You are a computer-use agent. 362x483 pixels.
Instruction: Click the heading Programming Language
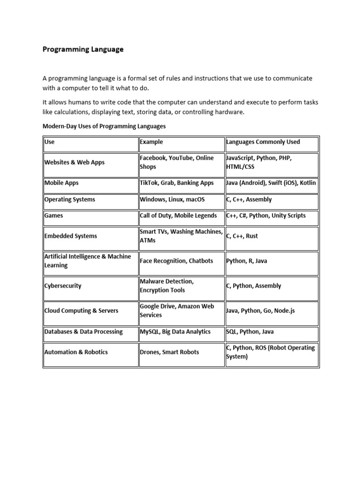point(83,49)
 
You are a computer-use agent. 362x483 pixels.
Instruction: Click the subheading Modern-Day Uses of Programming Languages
point(104,126)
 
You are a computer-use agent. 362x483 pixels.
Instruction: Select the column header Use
point(49,142)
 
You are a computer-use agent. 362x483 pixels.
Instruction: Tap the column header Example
point(151,142)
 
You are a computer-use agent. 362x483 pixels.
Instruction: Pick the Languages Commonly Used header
point(263,142)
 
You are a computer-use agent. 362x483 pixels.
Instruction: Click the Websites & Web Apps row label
point(74,162)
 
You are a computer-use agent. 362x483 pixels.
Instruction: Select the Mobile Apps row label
point(61,183)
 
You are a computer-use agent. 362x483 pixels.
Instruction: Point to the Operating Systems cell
point(70,200)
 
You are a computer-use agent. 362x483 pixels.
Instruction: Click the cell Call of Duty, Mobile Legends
point(178,216)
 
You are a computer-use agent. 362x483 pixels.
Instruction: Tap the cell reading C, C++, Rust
point(242,236)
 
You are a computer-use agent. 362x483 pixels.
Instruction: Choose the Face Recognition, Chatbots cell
point(176,261)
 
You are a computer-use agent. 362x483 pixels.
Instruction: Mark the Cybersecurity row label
point(63,286)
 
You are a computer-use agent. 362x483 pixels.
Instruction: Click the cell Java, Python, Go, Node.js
point(261,311)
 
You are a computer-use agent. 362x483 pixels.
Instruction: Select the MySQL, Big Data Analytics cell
point(175,332)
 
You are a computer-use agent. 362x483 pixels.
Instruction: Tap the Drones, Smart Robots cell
point(169,352)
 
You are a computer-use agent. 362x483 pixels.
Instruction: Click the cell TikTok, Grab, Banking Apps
point(177,183)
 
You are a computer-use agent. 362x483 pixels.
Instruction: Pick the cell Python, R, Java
point(247,261)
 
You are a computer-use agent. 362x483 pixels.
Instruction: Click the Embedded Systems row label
point(71,236)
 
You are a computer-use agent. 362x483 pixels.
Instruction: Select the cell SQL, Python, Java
point(250,332)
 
